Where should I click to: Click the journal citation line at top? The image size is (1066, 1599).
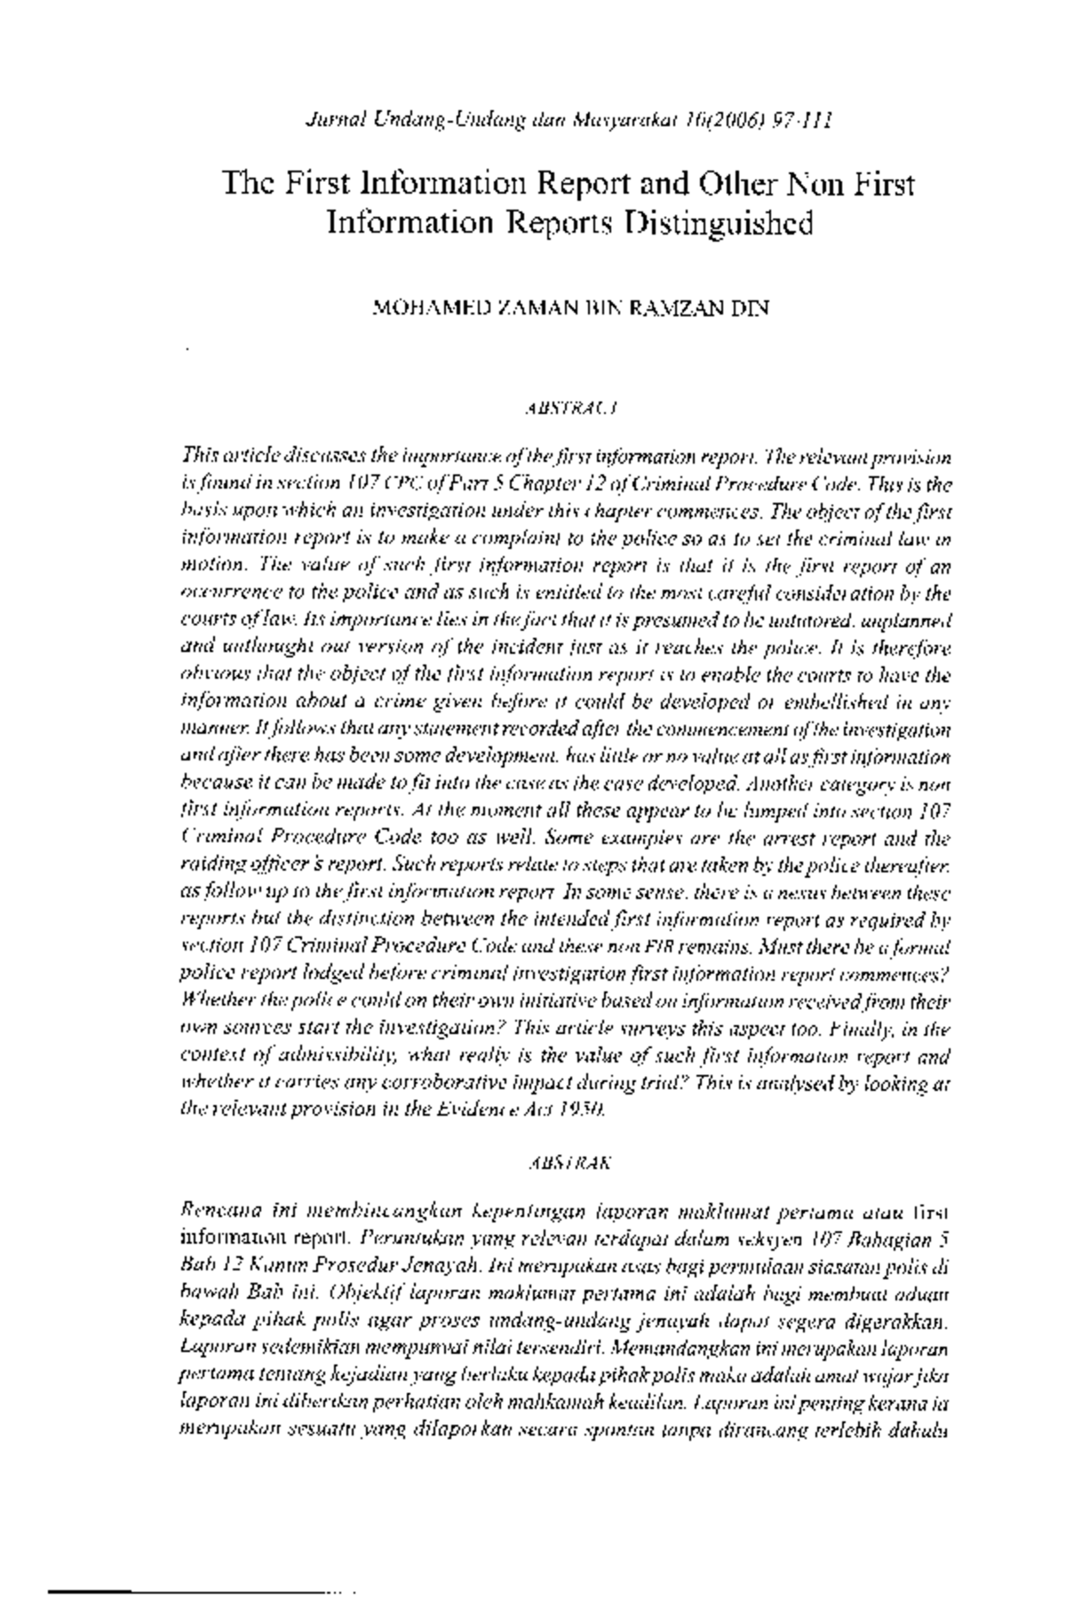coord(569,119)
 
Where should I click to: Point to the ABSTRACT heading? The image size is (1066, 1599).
coord(569,410)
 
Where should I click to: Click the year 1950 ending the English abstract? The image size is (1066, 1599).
coord(586,1110)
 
